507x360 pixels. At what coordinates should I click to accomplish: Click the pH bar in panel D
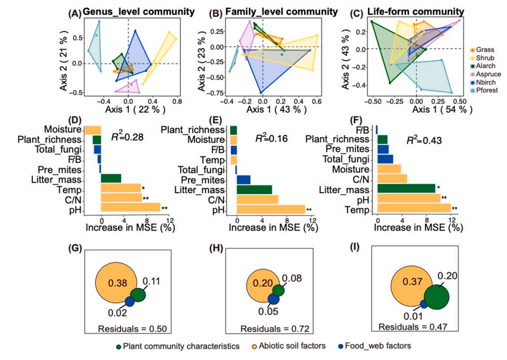(x=130, y=207)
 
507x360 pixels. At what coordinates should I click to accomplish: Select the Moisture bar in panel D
(x=93, y=130)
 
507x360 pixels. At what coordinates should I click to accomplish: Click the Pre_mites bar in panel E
(x=243, y=180)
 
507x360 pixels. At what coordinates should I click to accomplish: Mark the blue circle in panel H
(x=273, y=299)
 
